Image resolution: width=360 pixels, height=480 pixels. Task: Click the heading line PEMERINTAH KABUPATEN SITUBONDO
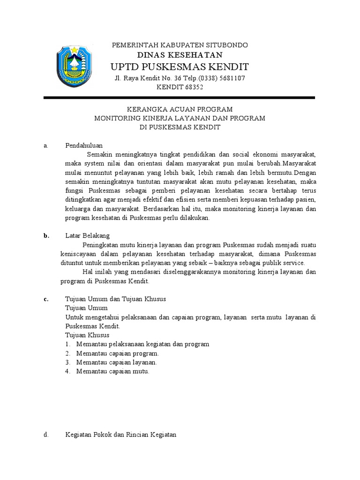tap(180, 45)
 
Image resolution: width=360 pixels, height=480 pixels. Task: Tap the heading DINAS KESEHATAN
tap(180, 55)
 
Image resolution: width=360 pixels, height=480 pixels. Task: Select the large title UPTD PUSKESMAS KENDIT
tap(180, 67)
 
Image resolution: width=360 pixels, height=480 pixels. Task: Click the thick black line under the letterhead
tap(180, 98)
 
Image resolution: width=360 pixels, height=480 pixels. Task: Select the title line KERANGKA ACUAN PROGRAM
tap(180, 109)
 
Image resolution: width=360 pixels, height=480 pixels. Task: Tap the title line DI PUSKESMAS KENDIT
tap(180, 127)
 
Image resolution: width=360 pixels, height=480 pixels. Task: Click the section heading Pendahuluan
tap(84, 146)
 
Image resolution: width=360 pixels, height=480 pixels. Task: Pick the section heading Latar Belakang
tap(87, 236)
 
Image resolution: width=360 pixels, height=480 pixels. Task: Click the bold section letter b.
tap(46, 236)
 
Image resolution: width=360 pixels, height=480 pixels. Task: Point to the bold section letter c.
tap(46, 299)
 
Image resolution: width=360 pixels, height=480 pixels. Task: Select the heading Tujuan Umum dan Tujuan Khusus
tap(115, 299)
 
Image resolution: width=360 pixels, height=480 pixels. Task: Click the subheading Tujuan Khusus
tap(87, 335)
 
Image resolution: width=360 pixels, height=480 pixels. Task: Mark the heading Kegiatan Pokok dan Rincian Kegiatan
tap(121, 435)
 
